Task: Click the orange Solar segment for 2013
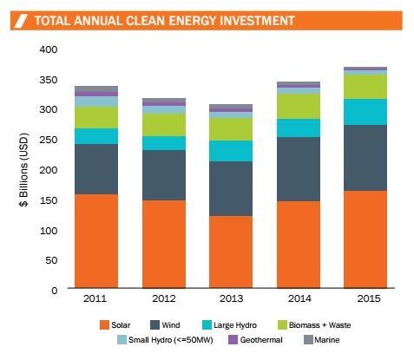(231, 252)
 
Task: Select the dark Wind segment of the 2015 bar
(365, 158)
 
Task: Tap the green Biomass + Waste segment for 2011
(96, 117)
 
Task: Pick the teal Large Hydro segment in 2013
(231, 151)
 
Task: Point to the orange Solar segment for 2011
(96, 241)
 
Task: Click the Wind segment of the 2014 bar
(299, 169)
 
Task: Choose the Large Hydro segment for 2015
(365, 112)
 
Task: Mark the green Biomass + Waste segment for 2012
(164, 125)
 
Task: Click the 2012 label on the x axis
(164, 298)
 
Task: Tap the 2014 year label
(299, 298)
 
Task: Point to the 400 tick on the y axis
(49, 49)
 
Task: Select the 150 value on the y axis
(49, 200)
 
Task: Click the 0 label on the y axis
(55, 291)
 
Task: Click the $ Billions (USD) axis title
(24, 170)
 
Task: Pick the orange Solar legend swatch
(104, 324)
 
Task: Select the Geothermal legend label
(261, 340)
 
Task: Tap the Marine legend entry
(322, 340)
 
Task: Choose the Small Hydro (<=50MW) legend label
(171, 340)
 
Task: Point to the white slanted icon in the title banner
(21, 21)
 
